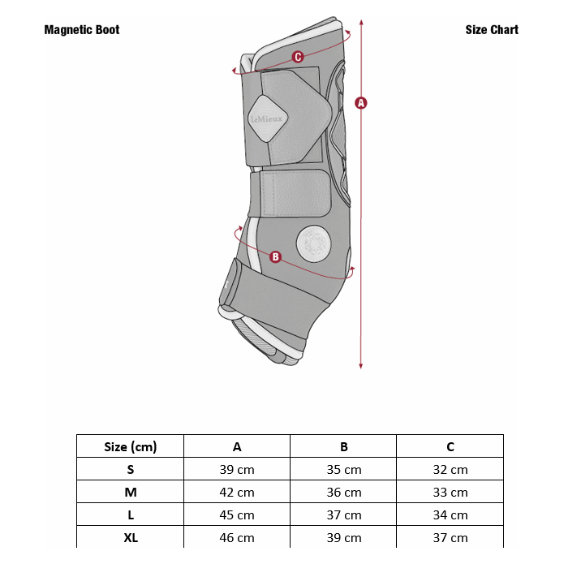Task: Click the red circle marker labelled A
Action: [361, 103]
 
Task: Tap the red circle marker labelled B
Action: [275, 256]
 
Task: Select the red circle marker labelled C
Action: [298, 57]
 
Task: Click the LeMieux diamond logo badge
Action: [267, 118]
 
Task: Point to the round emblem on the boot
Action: [314, 243]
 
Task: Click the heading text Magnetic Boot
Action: [82, 29]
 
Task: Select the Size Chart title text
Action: [492, 29]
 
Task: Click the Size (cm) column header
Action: [130, 447]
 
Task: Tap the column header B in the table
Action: [344, 447]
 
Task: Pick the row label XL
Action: [131, 538]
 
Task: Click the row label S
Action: [131, 469]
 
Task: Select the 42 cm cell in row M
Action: [237, 492]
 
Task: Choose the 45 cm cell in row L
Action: [237, 515]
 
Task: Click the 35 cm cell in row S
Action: [344, 469]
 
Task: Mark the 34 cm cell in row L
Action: [450, 515]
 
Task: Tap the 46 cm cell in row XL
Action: [237, 538]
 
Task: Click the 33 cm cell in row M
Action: [450, 492]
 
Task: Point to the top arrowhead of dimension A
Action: [361, 22]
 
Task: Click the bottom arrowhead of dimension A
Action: [361, 366]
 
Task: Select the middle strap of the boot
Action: [290, 193]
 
